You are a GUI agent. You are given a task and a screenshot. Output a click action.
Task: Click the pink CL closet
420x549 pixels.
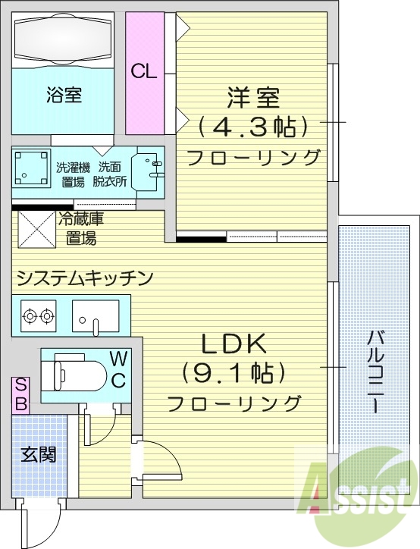click(x=144, y=72)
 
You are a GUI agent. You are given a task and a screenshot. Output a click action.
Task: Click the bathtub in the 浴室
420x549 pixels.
click(x=64, y=38)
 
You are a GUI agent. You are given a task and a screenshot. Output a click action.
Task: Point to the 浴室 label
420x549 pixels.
click(x=64, y=96)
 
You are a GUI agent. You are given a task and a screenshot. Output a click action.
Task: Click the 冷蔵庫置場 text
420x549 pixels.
click(x=81, y=228)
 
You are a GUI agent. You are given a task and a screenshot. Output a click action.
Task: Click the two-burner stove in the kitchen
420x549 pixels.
click(x=39, y=315)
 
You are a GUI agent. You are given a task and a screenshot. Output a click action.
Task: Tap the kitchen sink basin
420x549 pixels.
click(x=96, y=315)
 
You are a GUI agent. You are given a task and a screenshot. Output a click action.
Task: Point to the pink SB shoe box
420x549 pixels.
click(x=20, y=395)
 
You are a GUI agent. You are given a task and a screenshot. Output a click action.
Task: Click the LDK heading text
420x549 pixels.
click(x=234, y=345)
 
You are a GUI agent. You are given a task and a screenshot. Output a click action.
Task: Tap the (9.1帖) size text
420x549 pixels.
click(x=234, y=372)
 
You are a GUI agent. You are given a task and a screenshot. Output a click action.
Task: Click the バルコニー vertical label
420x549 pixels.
click(x=375, y=372)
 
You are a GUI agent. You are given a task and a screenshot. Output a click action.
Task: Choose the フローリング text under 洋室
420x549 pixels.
click(x=254, y=158)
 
